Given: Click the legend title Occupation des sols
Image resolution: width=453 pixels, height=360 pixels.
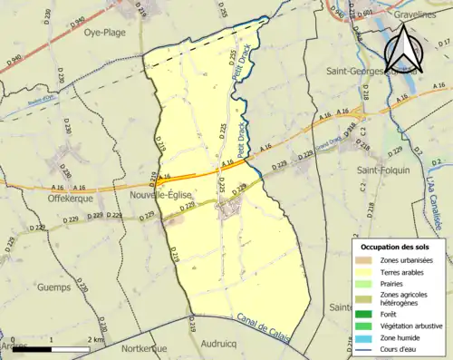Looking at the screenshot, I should pyautogui.click(x=396, y=247).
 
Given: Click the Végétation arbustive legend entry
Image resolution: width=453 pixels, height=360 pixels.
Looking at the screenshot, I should pyautogui.click(x=407, y=325).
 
